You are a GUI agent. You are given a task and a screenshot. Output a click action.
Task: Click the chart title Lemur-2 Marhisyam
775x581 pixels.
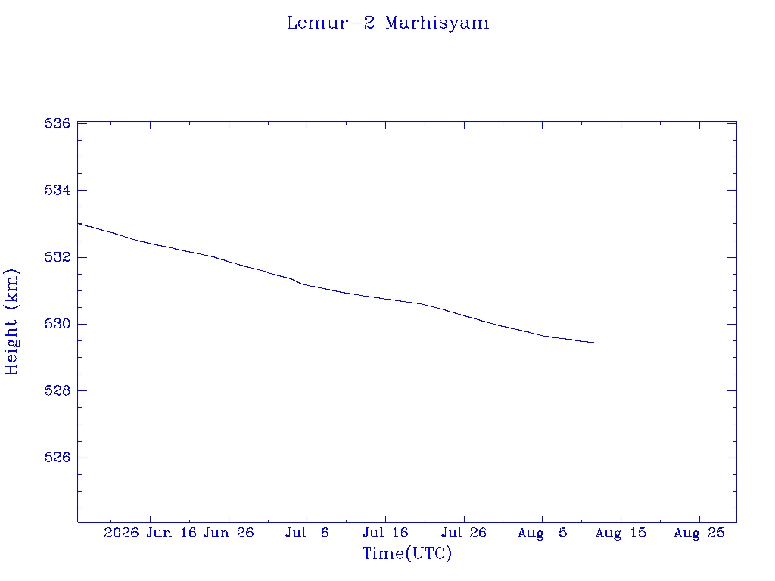[x=387, y=23]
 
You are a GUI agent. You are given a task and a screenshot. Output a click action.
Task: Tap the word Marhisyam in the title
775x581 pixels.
[x=437, y=23]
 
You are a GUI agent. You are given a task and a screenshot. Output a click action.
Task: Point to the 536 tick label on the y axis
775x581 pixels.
[x=58, y=123]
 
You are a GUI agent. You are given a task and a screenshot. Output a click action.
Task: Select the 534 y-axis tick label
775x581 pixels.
[x=58, y=190]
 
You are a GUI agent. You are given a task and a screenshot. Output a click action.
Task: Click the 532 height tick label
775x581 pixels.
[x=58, y=257]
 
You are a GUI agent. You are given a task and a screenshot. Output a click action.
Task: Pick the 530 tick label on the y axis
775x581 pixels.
[x=58, y=324]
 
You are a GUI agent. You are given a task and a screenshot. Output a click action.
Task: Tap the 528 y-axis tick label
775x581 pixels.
[x=58, y=391]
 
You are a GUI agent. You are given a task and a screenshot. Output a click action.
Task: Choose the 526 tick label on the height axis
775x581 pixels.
[x=58, y=458]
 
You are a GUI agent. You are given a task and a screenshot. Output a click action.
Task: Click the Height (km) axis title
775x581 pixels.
[x=11, y=322]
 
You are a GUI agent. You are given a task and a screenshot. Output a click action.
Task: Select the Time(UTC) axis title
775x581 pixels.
[x=406, y=553]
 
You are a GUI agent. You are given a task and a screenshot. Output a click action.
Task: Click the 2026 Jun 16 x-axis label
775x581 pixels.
[x=150, y=533]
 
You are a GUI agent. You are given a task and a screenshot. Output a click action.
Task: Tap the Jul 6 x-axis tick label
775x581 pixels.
[x=307, y=533]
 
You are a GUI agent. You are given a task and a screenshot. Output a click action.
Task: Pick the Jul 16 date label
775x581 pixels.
[x=385, y=533]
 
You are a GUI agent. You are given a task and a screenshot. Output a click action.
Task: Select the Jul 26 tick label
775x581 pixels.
[x=464, y=533]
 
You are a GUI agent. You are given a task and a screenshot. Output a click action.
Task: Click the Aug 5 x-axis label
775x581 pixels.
[x=542, y=533]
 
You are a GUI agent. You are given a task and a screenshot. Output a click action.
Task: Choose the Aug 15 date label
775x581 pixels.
[x=621, y=533]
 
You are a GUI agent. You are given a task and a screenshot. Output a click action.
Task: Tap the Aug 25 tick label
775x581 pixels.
[x=699, y=533]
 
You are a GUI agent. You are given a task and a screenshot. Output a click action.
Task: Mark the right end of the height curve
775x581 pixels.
[x=599, y=343]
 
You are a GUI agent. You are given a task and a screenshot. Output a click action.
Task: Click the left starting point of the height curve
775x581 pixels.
[x=79, y=223]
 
